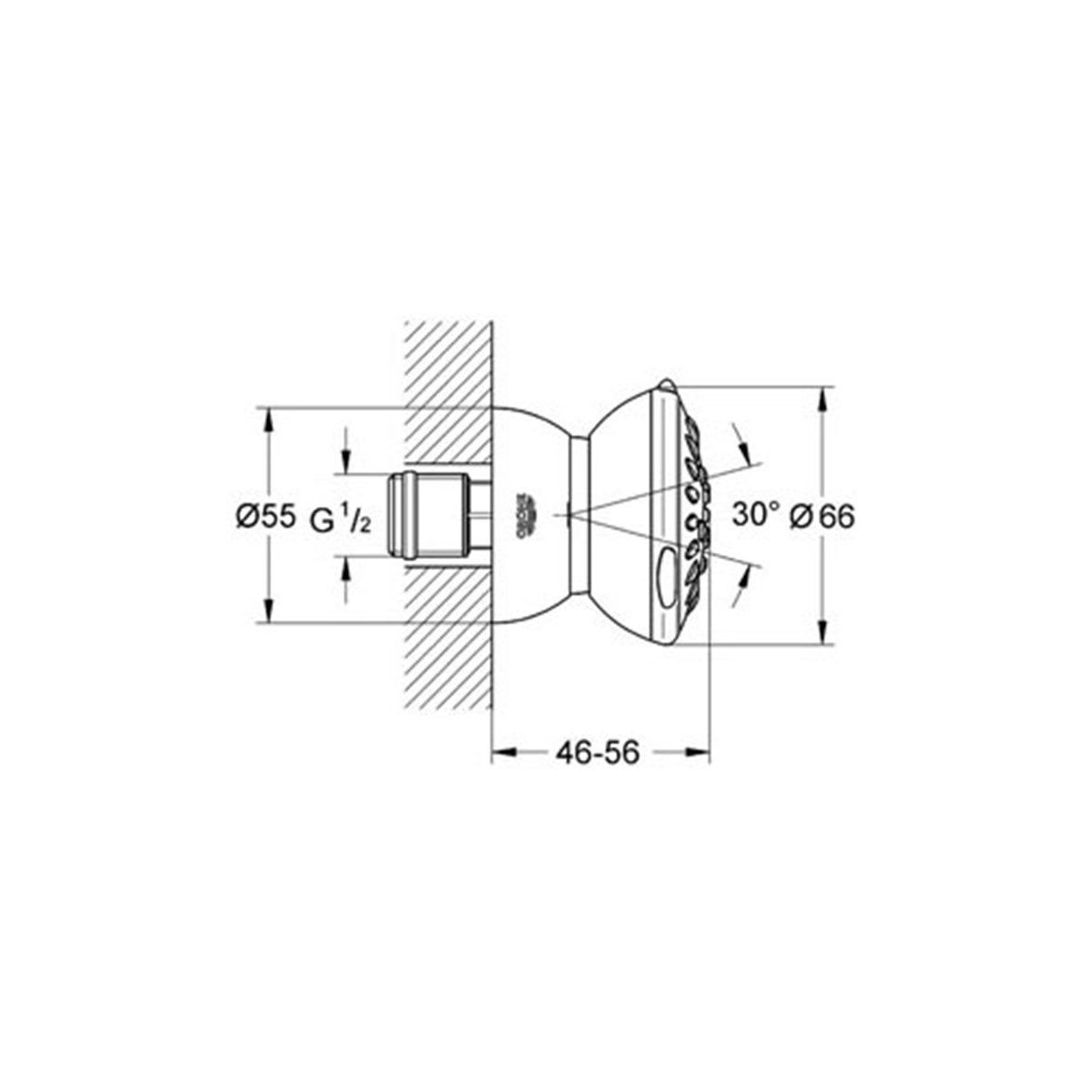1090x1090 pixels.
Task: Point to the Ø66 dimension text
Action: [824, 516]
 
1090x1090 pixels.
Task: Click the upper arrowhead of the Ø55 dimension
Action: [268, 419]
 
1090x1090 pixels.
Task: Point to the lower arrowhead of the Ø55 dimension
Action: [268, 613]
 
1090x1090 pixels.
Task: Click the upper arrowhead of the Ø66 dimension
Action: [823, 397]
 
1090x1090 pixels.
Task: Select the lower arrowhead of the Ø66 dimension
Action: [823, 634]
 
